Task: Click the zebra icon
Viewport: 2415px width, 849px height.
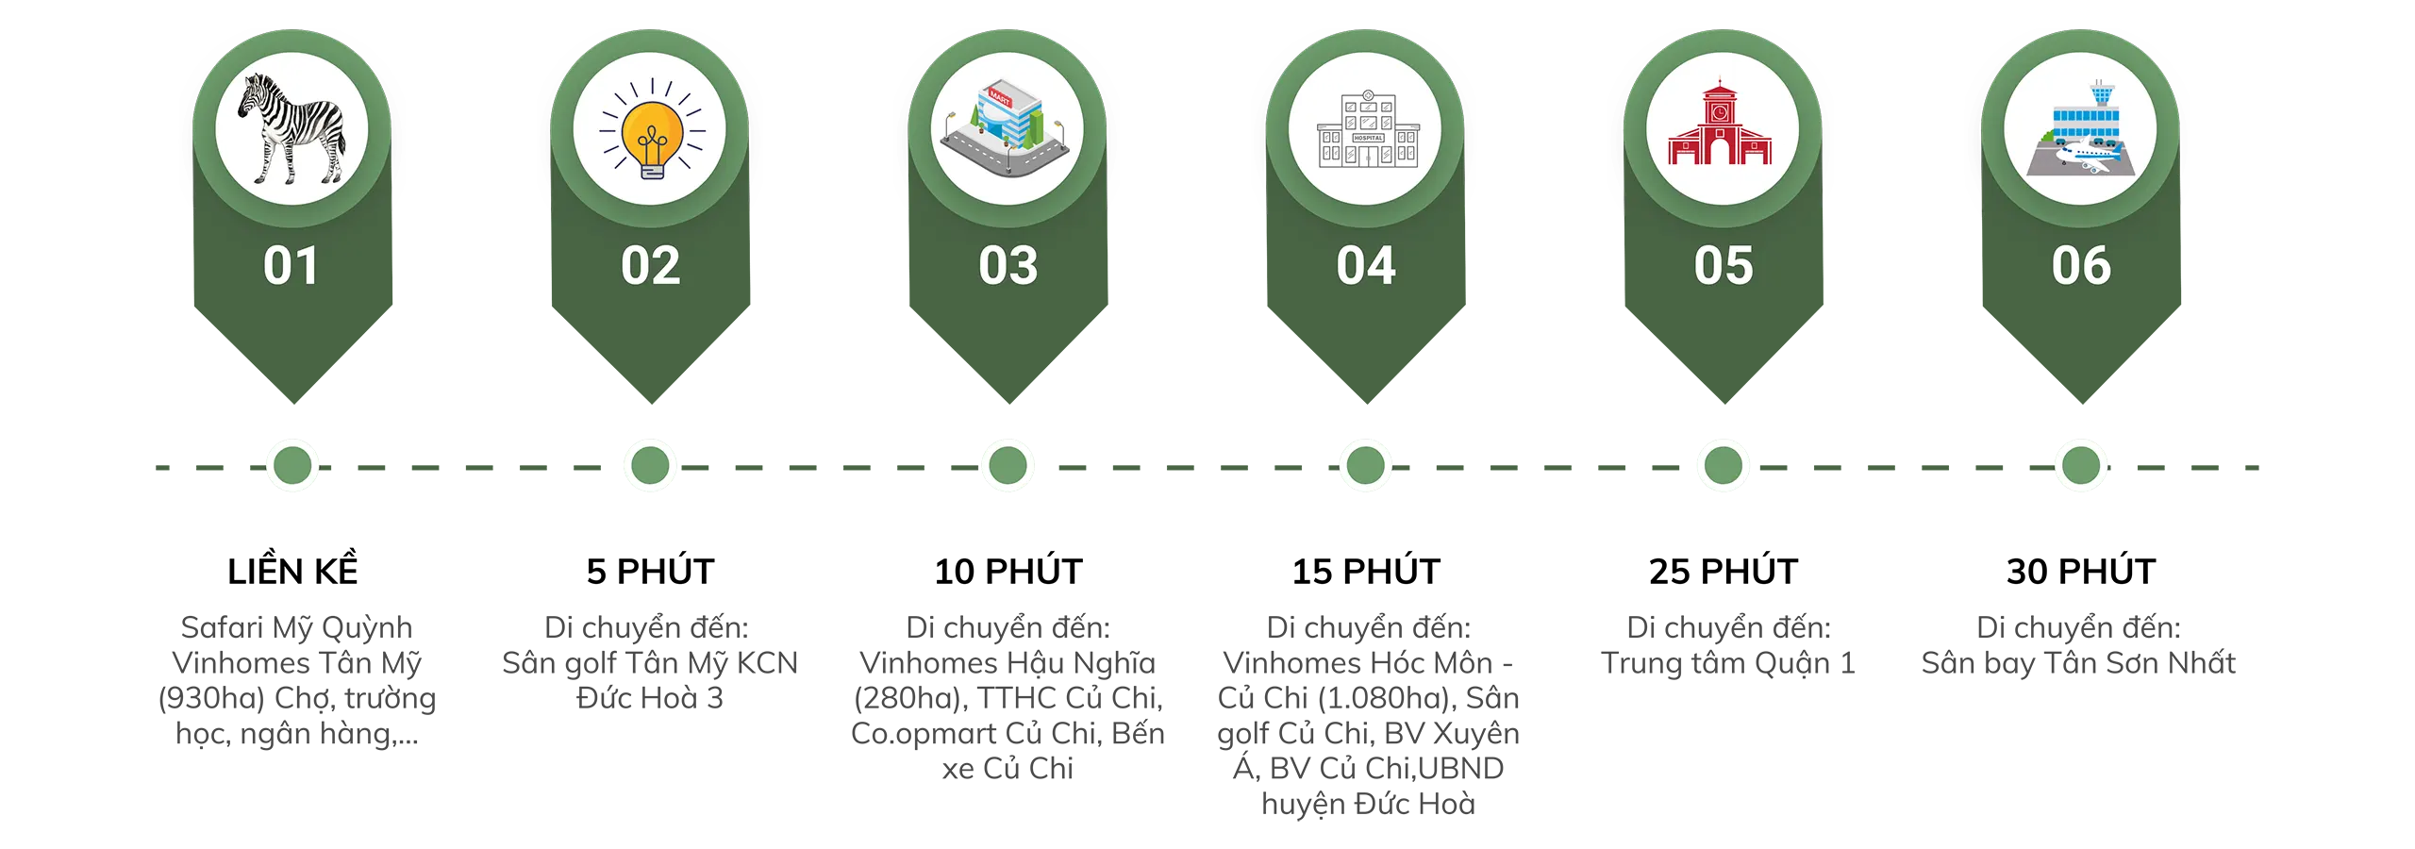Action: (x=291, y=128)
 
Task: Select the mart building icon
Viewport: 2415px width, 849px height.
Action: (x=1006, y=129)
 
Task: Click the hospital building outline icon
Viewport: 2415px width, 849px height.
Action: (x=1367, y=130)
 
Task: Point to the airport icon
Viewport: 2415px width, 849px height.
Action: (x=2081, y=129)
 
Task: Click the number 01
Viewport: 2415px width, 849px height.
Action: (x=291, y=266)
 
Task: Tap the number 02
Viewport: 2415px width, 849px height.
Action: (x=650, y=266)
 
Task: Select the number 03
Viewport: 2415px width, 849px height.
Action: (x=1008, y=266)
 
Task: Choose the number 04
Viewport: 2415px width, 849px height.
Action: (x=1366, y=266)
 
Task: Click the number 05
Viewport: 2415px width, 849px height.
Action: (x=1724, y=266)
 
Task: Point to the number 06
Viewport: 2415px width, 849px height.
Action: (x=2081, y=266)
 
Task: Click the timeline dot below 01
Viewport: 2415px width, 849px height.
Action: (x=292, y=465)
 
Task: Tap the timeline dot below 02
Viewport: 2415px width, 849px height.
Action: (x=650, y=465)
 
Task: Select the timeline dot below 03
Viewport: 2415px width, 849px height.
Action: (x=1008, y=465)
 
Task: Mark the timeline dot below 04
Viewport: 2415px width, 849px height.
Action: (x=1365, y=465)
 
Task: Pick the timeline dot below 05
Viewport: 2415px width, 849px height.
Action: (x=1724, y=465)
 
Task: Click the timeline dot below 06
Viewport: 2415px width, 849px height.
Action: (x=2081, y=465)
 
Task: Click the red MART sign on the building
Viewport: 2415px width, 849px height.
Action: (x=999, y=97)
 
